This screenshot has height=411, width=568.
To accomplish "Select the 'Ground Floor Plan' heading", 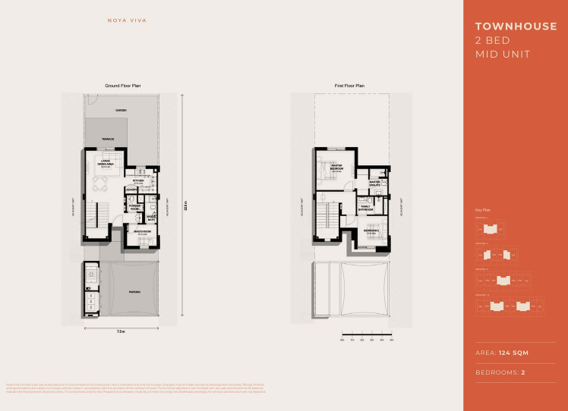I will coord(121,87).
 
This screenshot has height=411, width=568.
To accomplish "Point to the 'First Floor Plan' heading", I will coord(350,87).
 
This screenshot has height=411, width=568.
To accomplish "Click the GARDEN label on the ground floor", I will coord(121,111).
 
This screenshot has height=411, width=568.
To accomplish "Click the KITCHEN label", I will coord(138,180).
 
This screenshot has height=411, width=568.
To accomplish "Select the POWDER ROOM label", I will coord(135,206).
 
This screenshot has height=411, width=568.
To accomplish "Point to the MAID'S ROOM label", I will coord(141,231).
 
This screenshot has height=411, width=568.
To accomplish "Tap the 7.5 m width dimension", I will coord(120,332).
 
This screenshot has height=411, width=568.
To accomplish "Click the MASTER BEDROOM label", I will coord(336,167).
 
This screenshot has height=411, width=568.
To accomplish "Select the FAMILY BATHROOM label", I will coord(364,208).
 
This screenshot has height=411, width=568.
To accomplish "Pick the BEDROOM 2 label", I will coord(370,231).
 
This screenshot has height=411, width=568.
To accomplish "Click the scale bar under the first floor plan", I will coord(367,334).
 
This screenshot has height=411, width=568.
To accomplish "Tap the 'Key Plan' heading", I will coord(480,209).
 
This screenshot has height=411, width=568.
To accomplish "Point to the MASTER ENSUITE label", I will coord(374,184).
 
